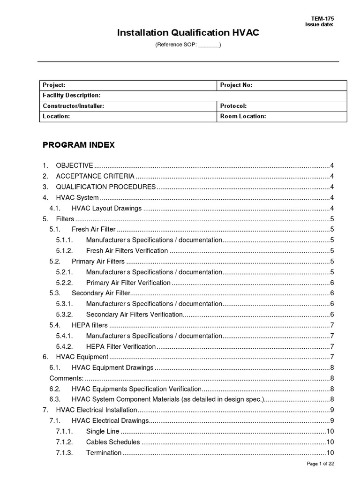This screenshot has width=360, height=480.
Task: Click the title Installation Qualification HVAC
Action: [187, 33]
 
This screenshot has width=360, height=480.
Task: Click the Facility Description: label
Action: [72, 95]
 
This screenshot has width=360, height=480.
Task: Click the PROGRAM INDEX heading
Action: [78, 145]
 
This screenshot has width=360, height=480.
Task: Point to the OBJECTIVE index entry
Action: [74, 165]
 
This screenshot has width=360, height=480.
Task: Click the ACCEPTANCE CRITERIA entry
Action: [95, 176]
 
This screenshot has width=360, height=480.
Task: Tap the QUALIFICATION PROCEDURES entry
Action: [105, 187]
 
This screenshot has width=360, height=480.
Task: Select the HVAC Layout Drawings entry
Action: [107, 208]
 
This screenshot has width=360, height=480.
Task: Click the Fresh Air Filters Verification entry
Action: [127, 251]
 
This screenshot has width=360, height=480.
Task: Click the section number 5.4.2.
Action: [64, 346]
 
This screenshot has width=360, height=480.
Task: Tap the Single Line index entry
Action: [103, 431]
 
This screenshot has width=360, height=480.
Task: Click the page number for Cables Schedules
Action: [330, 442]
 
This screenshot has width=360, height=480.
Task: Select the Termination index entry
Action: [104, 453]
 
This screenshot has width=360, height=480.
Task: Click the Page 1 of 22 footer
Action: [320, 464]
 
